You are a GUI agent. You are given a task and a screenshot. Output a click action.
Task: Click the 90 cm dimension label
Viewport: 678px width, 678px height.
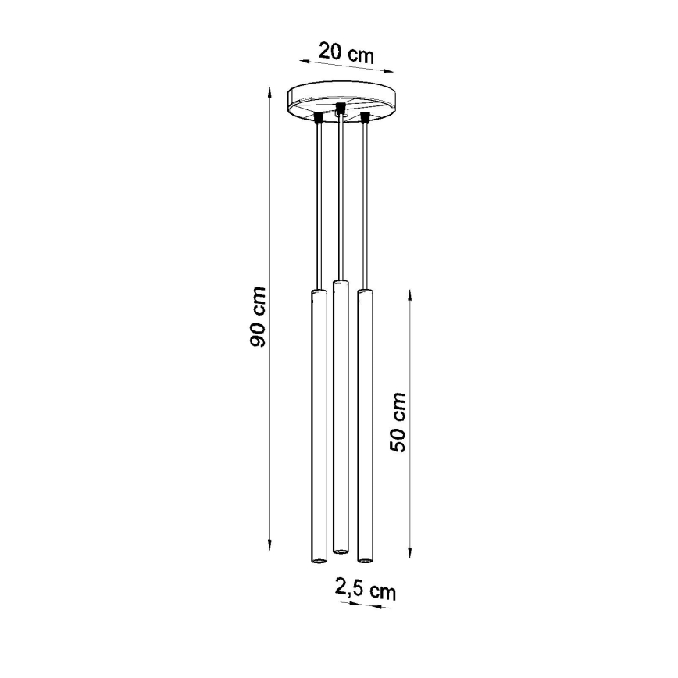pyautogui.click(x=259, y=317)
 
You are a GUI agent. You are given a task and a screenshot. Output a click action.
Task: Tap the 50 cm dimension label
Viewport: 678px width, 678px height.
pyautogui.click(x=399, y=422)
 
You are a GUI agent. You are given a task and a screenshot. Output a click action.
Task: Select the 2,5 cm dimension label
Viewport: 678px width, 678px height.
pyautogui.click(x=365, y=590)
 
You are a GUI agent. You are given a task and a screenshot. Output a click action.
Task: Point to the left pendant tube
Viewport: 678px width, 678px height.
pyautogui.click(x=317, y=426)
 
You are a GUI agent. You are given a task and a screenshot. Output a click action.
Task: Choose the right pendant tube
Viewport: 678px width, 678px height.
pyautogui.click(x=364, y=426)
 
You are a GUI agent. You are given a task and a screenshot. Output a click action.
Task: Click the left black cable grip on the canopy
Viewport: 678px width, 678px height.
pyautogui.click(x=318, y=118)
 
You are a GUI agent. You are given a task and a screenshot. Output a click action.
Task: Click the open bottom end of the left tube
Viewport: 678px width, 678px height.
pyautogui.click(x=317, y=560)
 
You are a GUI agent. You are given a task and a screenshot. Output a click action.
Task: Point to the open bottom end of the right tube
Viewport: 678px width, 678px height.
pyautogui.click(x=364, y=560)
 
